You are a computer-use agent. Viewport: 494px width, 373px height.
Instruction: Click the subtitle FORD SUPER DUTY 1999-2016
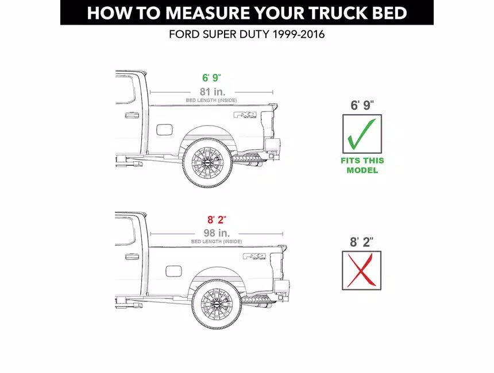tap(246, 34)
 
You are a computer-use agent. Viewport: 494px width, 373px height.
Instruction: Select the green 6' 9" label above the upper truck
tap(211, 78)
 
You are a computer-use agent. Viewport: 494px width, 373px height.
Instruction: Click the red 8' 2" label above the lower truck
tap(217, 220)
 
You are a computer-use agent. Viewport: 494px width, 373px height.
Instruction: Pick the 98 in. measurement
tap(217, 233)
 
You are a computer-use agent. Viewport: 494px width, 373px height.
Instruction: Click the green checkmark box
tap(362, 134)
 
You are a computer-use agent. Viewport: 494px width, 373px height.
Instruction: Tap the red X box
tap(362, 270)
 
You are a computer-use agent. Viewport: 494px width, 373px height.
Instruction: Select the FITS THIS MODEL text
tap(362, 165)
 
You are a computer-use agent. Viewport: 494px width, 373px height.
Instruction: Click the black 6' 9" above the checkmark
tap(362, 105)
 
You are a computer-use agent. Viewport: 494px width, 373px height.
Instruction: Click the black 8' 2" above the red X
tap(362, 242)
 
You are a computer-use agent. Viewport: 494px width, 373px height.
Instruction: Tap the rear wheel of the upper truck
tap(207, 161)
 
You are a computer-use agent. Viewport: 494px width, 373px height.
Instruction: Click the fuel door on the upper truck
tap(164, 129)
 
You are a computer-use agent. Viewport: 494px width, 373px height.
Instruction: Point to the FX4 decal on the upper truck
tap(243, 115)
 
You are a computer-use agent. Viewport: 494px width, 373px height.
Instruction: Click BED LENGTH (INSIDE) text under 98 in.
tap(217, 242)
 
